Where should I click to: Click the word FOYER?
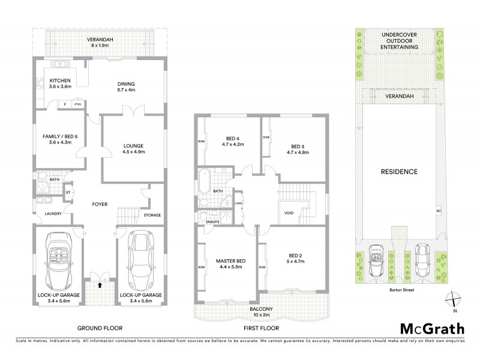click(x=100, y=205)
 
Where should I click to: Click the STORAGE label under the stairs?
click(x=151, y=215)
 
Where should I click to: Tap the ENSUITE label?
click(x=212, y=223)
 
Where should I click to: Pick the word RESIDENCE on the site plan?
click(x=399, y=172)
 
